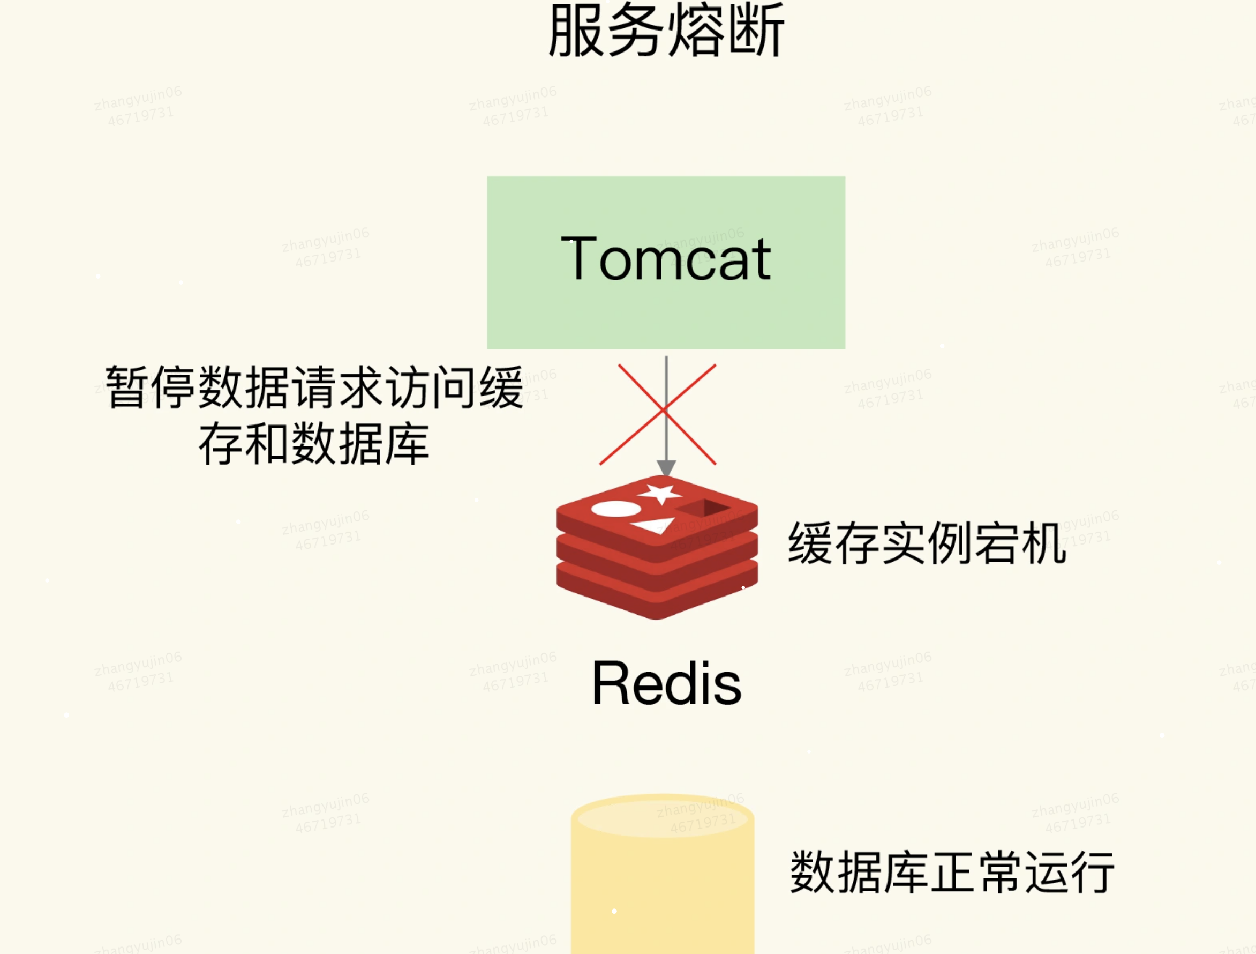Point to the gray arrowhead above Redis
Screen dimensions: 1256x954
pyautogui.click(x=666, y=468)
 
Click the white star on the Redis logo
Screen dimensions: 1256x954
pyautogui.click(x=660, y=493)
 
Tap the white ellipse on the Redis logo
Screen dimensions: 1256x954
pyautogui.click(x=615, y=509)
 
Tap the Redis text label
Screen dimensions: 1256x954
pyautogui.click(x=666, y=683)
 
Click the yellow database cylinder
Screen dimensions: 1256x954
pyautogui.click(x=662, y=886)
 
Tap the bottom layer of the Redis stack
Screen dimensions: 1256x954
pyautogui.click(x=657, y=597)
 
